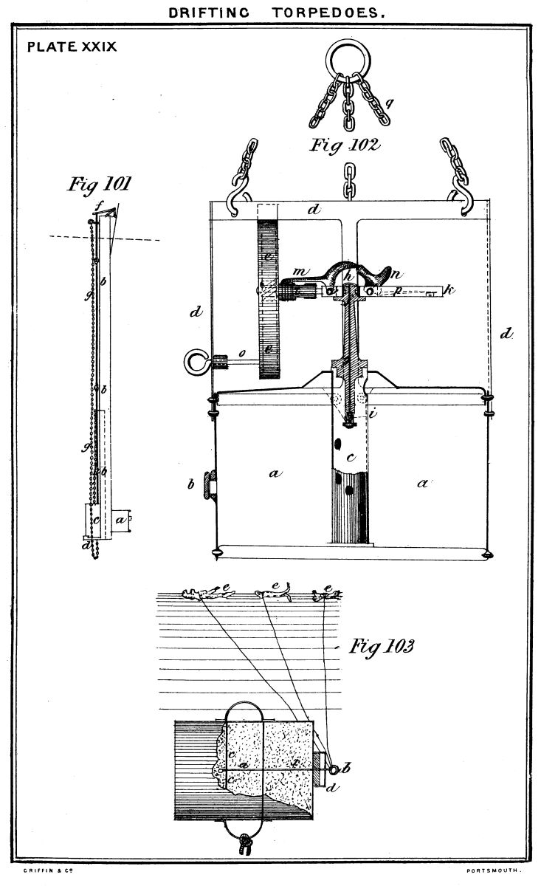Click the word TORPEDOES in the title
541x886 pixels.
(330, 13)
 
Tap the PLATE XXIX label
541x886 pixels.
(72, 47)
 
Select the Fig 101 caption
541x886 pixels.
(99, 182)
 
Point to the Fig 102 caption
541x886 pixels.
(345, 145)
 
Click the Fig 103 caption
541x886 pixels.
(382, 647)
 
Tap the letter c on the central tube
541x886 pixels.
(351, 459)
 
